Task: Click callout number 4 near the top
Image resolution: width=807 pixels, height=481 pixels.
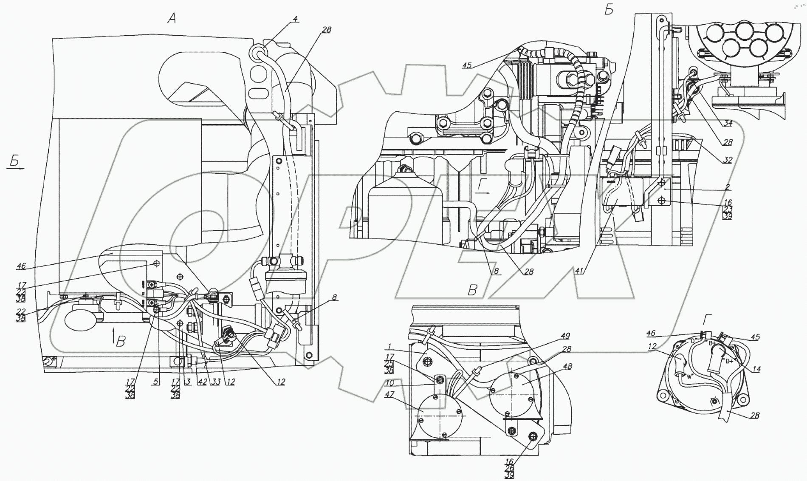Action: point(295,19)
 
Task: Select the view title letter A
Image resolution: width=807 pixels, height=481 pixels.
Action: point(172,18)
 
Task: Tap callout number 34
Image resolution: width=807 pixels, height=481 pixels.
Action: point(728,124)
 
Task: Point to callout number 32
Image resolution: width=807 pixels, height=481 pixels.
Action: point(728,160)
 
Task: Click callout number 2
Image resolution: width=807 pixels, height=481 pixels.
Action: point(728,187)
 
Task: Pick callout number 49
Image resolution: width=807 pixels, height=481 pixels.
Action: point(565,337)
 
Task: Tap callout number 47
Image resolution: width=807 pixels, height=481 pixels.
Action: point(389,395)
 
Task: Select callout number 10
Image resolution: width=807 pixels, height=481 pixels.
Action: point(389,383)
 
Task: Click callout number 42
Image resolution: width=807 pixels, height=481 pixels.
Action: point(202,382)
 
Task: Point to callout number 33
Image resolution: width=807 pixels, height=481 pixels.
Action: point(216,382)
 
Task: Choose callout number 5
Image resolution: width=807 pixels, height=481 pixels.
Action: point(156,382)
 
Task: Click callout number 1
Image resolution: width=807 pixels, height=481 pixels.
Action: point(389,346)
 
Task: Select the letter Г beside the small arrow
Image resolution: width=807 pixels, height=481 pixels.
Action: point(481,184)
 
